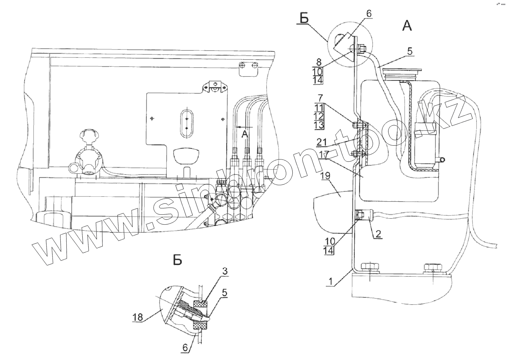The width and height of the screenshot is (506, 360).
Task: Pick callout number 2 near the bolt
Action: [x=378, y=234]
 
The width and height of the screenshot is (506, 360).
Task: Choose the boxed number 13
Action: [x=319, y=125]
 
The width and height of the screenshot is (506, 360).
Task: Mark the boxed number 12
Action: [x=319, y=116]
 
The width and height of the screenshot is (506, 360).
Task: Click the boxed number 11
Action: [x=319, y=107]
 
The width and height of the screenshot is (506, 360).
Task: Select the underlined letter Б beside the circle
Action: [x=305, y=18]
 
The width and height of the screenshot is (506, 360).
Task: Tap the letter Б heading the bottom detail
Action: [x=178, y=260]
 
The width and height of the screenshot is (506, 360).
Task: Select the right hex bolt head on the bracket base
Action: [x=433, y=267]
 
